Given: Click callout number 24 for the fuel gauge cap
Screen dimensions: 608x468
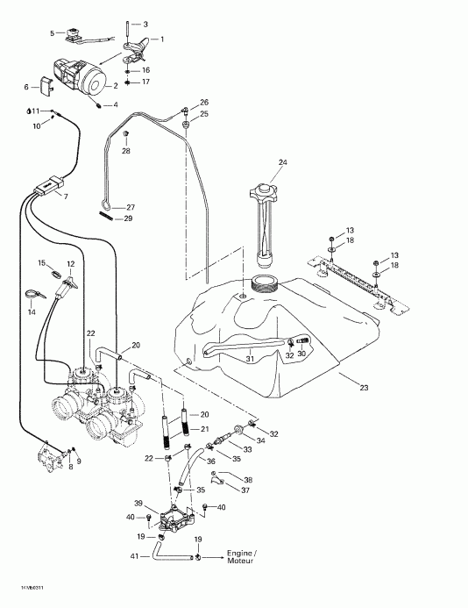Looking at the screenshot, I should click(x=283, y=162).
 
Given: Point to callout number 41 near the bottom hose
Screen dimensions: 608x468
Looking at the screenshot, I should click(x=134, y=557).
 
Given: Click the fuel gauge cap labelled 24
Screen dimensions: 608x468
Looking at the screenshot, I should click(x=261, y=190).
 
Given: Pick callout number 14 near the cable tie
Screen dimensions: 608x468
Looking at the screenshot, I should click(x=32, y=311).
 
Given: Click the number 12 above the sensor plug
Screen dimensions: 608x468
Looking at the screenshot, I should click(x=71, y=263).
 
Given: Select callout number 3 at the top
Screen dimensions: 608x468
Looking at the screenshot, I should click(x=145, y=24).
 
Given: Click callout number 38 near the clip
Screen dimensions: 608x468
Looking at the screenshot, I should click(x=248, y=479).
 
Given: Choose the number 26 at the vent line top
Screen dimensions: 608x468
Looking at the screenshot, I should click(x=203, y=103).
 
